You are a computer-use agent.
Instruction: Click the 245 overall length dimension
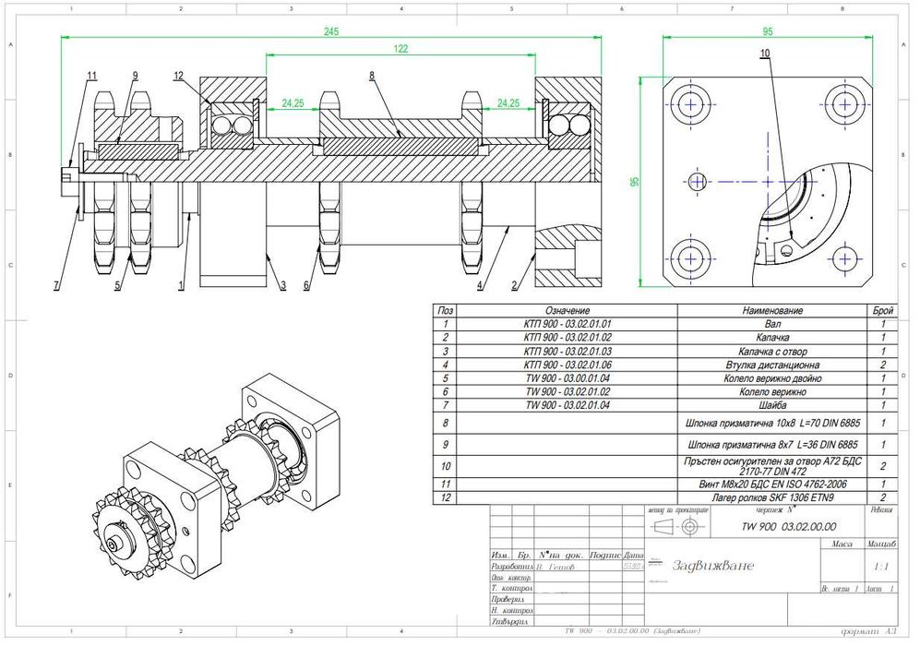331,30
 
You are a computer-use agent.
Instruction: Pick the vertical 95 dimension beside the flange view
636,182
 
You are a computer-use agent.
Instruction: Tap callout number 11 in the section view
91,75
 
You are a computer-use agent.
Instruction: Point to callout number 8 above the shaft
372,75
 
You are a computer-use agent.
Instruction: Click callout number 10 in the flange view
764,54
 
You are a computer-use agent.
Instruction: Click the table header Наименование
770,311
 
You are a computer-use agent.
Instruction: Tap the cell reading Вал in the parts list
770,324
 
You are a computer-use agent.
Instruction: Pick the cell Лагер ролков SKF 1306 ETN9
770,497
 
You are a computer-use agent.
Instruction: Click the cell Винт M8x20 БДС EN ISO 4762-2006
770,484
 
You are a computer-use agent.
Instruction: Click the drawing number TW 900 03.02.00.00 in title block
783,525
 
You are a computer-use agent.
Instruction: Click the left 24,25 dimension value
293,103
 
